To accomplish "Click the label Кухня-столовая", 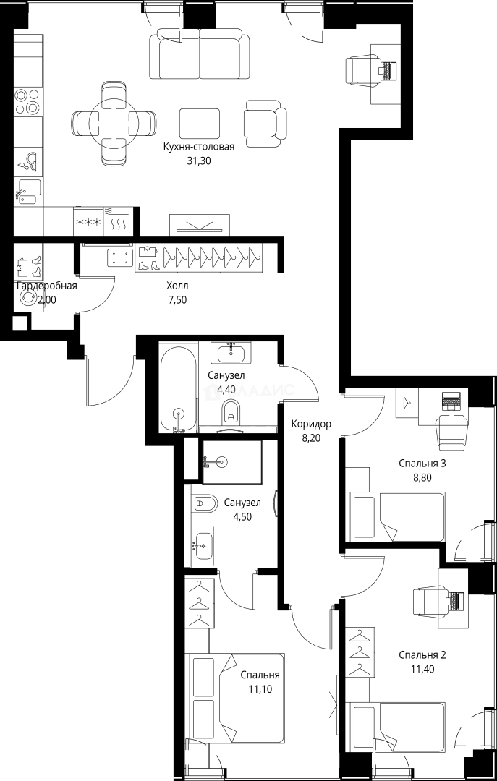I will point(199,147).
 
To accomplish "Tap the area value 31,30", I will point(199,161).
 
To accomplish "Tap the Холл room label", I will point(177,286).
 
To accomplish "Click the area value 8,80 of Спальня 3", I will point(422,477).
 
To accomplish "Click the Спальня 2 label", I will point(422,655).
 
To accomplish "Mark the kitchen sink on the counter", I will point(29,189).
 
